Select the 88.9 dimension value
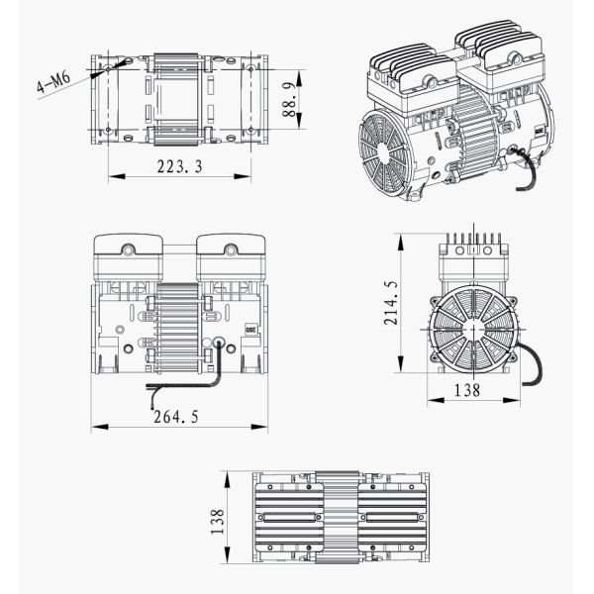pos(289,97)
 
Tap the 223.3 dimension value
pos(179,167)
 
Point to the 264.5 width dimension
pos(177,418)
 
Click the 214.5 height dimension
pos(391,302)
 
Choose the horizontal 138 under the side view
pos(466,391)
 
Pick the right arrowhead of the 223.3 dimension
pos(249,176)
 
